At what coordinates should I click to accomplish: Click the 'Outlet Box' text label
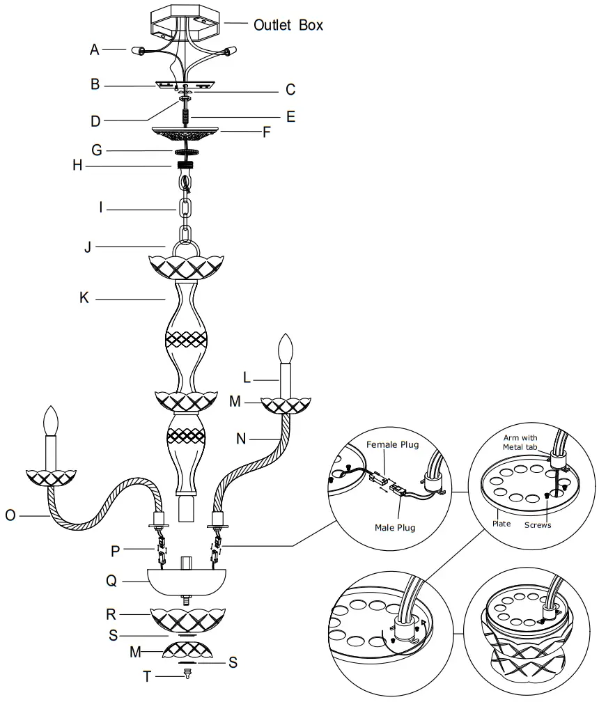288,24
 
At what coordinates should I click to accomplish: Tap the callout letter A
95,49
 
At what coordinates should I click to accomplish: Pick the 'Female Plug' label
393,445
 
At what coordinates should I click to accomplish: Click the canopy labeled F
186,133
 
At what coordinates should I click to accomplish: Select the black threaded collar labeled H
185,166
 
